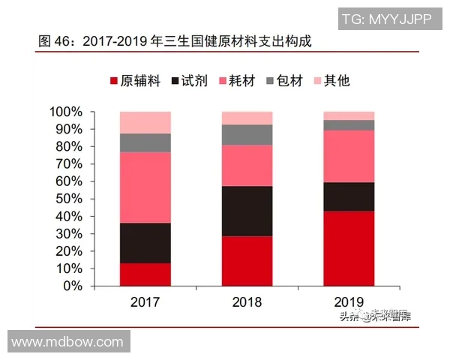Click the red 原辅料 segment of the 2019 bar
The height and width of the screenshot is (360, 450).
tap(349, 248)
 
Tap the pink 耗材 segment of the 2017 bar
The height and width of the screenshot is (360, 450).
tap(145, 187)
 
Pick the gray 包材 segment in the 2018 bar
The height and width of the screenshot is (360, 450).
tap(247, 134)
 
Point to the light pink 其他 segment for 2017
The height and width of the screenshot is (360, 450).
tap(145, 122)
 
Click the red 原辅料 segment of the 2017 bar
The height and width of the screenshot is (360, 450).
tap(145, 274)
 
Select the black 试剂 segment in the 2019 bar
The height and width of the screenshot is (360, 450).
tap(349, 196)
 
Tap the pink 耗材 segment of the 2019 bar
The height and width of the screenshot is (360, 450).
tap(349, 156)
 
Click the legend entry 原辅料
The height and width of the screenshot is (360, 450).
tap(135, 81)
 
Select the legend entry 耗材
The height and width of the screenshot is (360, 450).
tap(239, 81)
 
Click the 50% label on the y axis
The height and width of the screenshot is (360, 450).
tap(69, 199)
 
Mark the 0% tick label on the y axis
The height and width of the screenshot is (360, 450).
tap(73, 286)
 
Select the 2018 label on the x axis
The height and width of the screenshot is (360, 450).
tap(247, 302)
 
